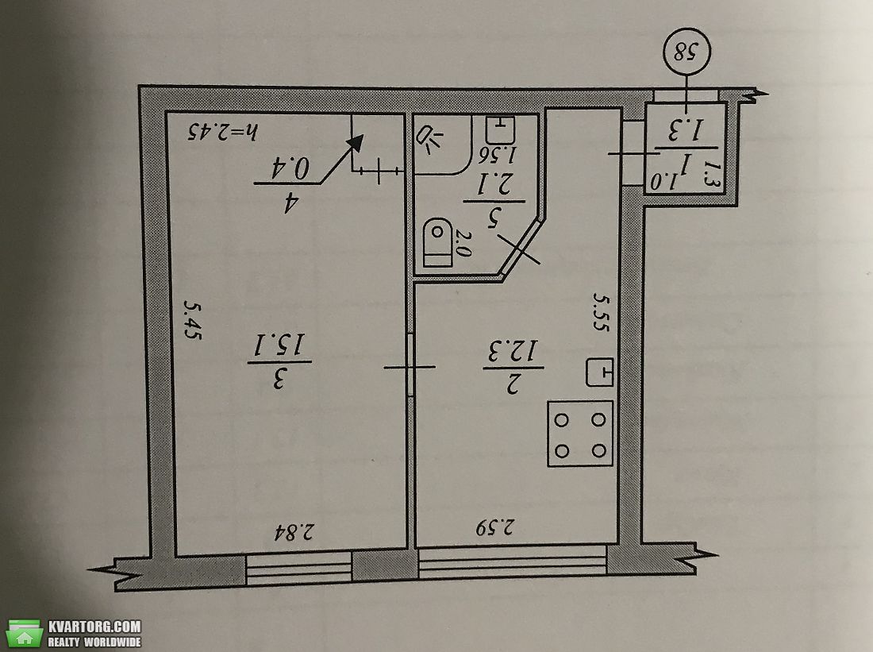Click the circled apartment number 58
point(687,52)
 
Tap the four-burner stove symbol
point(580,434)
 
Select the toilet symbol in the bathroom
point(437,243)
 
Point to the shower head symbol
point(430,141)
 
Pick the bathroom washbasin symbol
point(499,129)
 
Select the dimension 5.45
point(193,319)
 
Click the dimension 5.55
point(601,313)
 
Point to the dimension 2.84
point(294,532)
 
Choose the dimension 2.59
point(495,527)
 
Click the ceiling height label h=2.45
point(222,132)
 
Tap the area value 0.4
point(290,168)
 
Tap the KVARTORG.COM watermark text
point(94,627)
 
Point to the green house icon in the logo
point(25,634)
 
